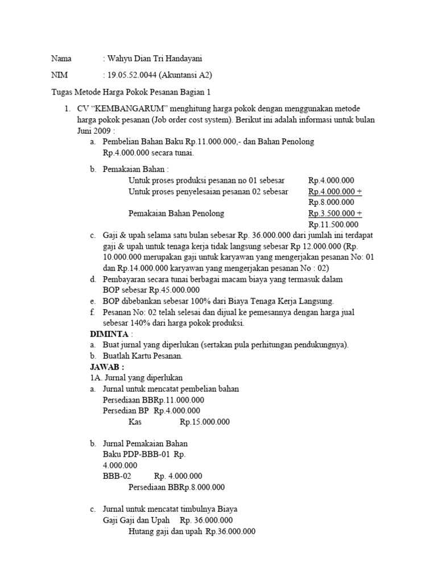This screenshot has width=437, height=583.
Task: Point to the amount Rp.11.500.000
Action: click(x=331, y=224)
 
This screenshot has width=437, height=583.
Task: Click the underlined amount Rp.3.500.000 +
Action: click(x=335, y=214)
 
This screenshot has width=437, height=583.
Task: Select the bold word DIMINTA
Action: click(x=110, y=334)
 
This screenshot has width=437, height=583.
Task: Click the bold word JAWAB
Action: click(x=106, y=367)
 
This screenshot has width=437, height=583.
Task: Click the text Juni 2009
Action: click(x=94, y=130)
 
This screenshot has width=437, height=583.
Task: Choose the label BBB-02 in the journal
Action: click(x=117, y=476)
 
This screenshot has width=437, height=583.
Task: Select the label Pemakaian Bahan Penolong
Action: click(x=176, y=214)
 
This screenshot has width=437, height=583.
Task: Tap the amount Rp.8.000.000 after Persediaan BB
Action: click(x=203, y=487)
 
